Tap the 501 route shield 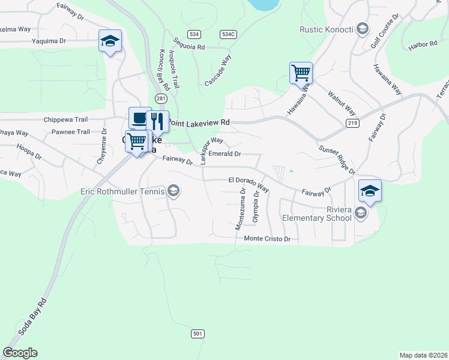coord(199,333)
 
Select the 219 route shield coord(352,123)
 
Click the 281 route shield coord(161,98)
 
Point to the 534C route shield coord(228,34)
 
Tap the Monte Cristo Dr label coord(267,239)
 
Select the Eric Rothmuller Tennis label coord(122,192)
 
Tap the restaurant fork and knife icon coord(157,121)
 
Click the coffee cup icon coord(140,118)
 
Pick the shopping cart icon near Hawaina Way coord(301,73)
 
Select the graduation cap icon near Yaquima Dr coord(110,41)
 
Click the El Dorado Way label coord(249,180)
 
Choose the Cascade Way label coord(218,70)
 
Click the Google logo coord(20,353)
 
